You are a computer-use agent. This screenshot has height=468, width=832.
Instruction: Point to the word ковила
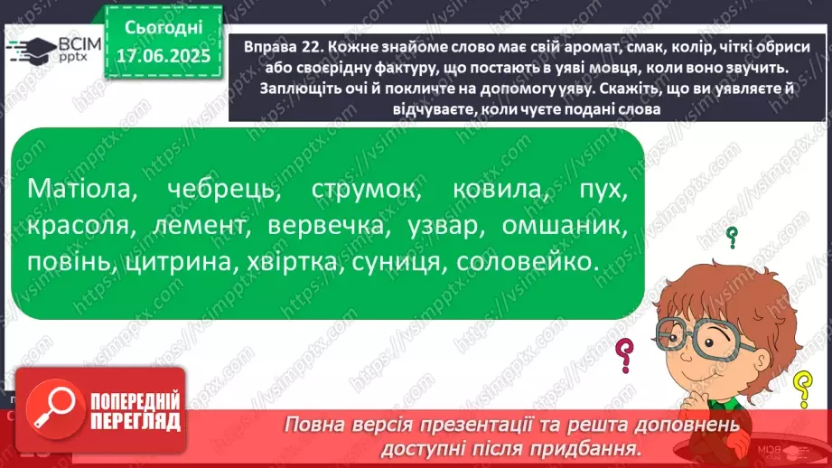497,192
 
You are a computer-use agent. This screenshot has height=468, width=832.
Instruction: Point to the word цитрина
186,263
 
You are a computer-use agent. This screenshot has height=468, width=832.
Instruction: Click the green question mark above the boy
733,239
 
